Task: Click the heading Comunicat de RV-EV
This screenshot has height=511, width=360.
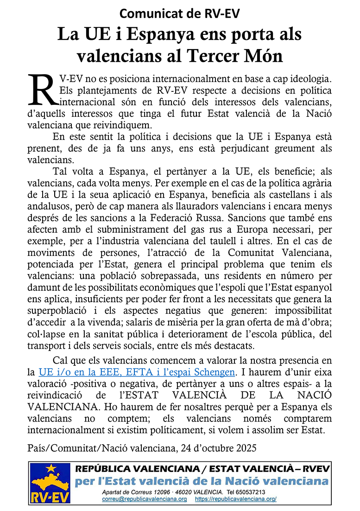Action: pyautogui.click(x=180, y=14)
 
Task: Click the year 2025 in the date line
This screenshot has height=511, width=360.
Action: pyautogui.click(x=242, y=448)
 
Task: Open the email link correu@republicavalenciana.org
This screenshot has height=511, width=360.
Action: pyautogui.click(x=145, y=499)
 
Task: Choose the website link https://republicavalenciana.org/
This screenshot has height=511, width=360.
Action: pyautogui.click(x=236, y=499)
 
